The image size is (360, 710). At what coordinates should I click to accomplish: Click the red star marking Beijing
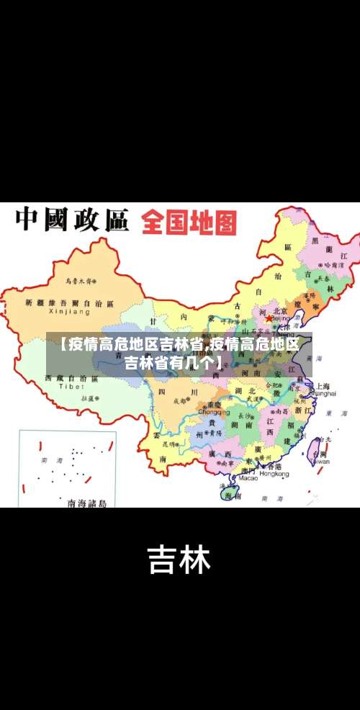269,318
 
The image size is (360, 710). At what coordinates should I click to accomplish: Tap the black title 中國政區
72,220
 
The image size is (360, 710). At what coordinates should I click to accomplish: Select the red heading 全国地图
189,223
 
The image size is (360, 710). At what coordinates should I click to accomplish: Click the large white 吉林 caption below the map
179,560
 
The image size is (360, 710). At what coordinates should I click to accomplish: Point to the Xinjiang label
69,313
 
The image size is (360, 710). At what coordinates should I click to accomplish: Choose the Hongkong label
274,475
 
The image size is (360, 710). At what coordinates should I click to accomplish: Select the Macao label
248,477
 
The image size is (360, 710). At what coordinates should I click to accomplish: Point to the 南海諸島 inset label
87,503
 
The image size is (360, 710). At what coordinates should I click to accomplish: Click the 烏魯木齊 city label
81,280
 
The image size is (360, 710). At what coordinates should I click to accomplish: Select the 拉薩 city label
89,397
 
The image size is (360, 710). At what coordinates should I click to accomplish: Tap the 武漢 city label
253,397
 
